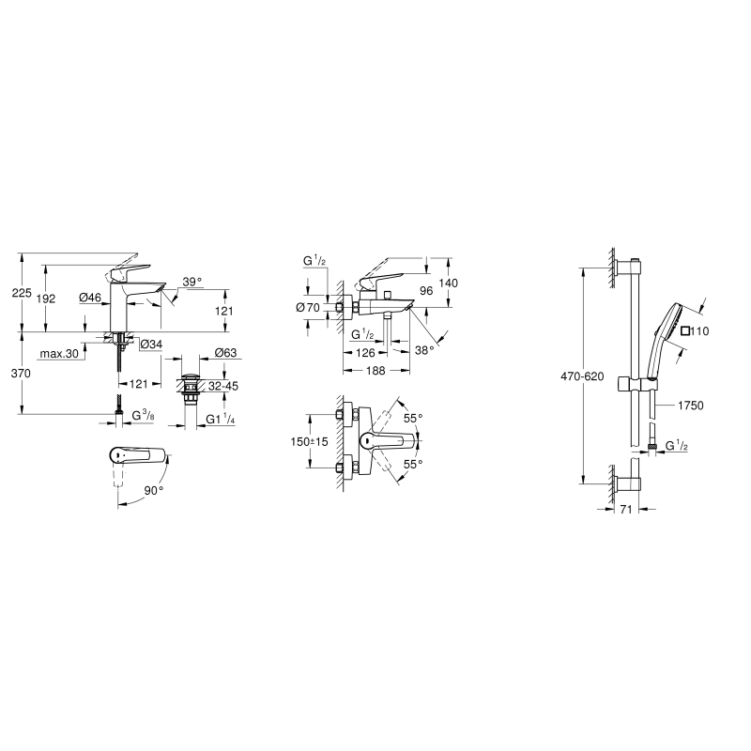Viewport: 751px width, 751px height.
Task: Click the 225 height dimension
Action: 22,293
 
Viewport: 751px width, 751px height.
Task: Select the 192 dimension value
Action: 46,299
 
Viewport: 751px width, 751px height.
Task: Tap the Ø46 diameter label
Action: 90,298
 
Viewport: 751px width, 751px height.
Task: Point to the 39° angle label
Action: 192,282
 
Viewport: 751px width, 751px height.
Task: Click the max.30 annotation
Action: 59,354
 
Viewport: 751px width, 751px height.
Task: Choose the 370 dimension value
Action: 21,373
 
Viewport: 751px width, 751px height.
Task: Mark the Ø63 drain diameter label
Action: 225,353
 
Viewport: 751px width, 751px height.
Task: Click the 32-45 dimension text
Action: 223,386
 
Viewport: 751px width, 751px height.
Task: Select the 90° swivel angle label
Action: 154,490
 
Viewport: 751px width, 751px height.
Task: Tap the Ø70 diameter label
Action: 308,307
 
